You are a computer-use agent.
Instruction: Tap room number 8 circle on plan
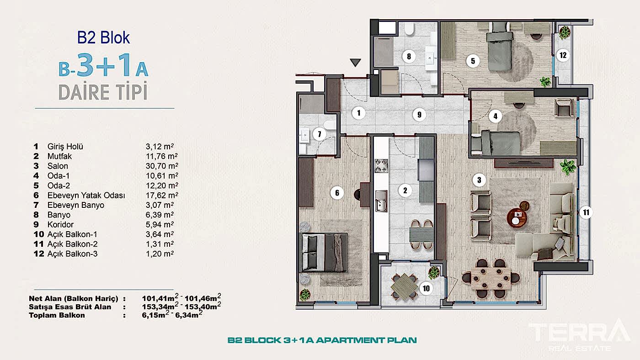[x=409, y=56]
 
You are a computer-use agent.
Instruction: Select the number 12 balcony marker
[x=563, y=55]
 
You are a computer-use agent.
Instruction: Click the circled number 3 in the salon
[x=479, y=180]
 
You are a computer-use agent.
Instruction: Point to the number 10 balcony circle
[x=426, y=288]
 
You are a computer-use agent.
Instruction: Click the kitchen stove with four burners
[x=381, y=166]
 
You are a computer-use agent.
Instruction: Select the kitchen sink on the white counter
[x=381, y=201]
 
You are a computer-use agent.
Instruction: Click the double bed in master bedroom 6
[x=324, y=252]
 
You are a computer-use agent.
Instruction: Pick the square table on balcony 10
[x=404, y=286]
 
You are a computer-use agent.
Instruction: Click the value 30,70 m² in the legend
[x=162, y=166]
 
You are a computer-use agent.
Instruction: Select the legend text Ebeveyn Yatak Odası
[x=86, y=196]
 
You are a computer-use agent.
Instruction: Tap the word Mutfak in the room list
[x=59, y=156]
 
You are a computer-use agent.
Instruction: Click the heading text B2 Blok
[x=103, y=37]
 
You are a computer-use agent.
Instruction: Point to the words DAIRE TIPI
[x=103, y=91]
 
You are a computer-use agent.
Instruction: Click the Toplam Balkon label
[x=57, y=316]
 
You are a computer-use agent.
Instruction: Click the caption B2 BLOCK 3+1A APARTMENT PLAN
[x=322, y=340]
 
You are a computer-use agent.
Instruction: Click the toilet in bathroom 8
[x=410, y=28]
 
